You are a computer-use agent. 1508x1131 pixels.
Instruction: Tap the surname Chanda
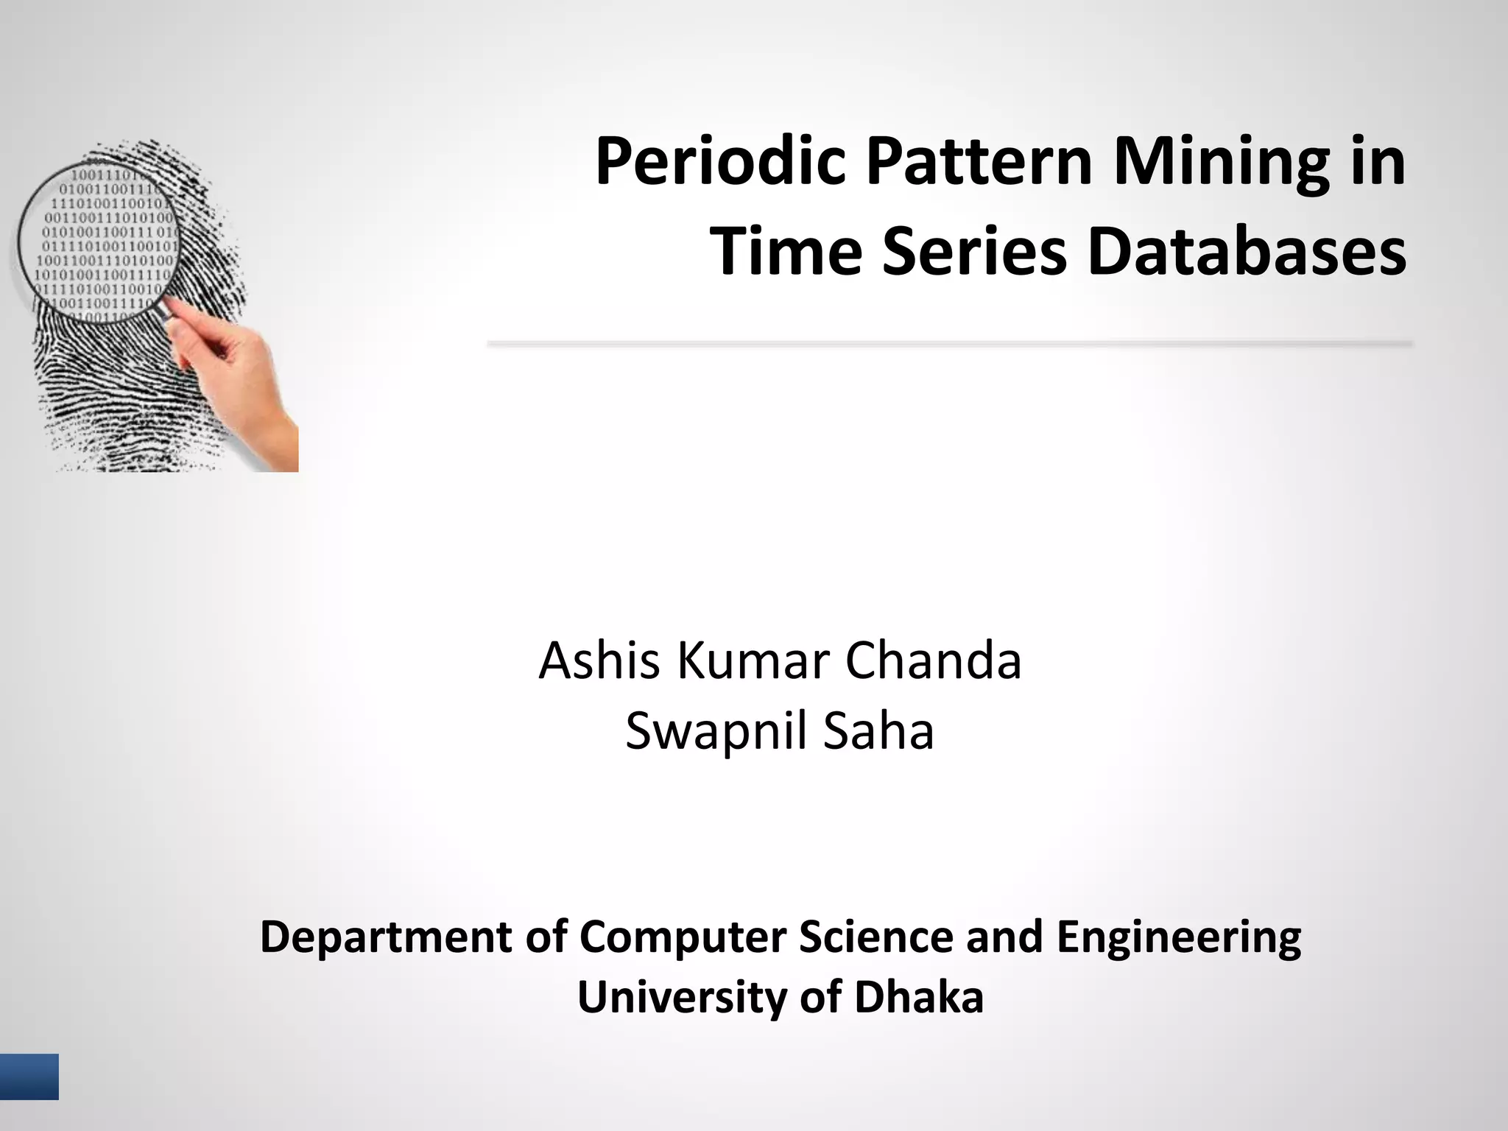tap(933, 660)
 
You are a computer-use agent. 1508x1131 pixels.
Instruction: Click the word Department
tap(386, 939)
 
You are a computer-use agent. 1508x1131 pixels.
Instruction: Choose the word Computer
tap(683, 939)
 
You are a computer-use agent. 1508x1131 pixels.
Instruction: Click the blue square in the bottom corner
tap(29, 1077)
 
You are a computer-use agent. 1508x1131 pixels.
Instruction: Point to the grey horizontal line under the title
tap(950, 344)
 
